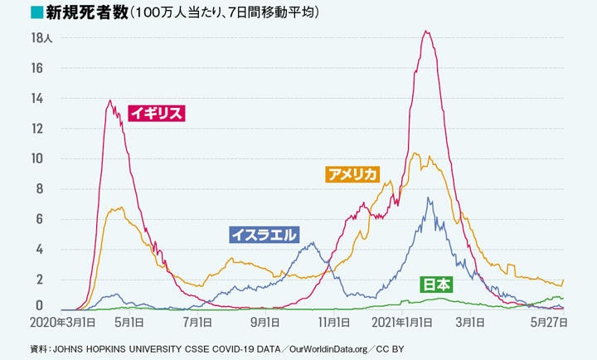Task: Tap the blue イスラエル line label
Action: click(x=264, y=235)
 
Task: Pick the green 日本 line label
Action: click(x=437, y=285)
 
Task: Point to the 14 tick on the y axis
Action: click(x=37, y=99)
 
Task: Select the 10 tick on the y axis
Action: click(x=37, y=158)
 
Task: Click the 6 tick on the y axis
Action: click(x=37, y=219)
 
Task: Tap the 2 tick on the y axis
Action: click(x=37, y=280)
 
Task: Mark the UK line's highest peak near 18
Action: click(x=425, y=32)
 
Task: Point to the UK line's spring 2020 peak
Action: click(x=109, y=101)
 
